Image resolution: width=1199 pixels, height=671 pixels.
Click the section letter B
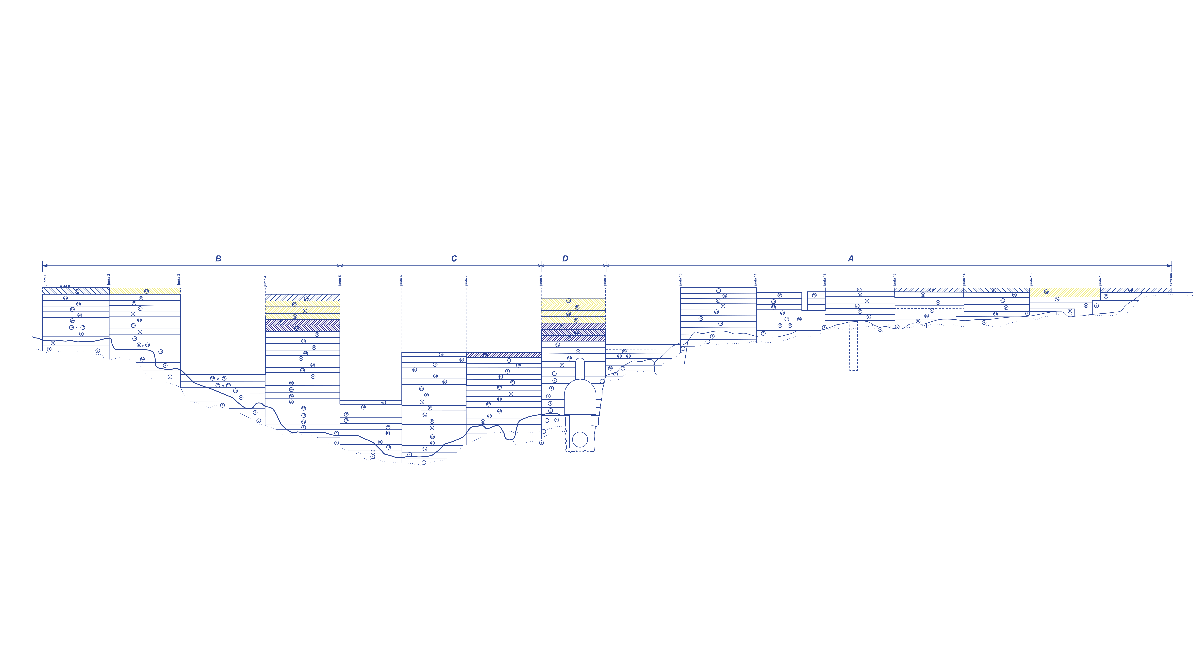point(218,259)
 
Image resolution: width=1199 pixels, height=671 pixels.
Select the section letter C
point(454,259)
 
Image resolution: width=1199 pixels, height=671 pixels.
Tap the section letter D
point(565,259)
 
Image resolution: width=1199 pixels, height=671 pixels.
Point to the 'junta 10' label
point(681,279)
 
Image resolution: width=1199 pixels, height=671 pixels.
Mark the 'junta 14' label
point(964,279)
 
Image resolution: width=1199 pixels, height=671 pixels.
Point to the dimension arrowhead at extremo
point(1170,266)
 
